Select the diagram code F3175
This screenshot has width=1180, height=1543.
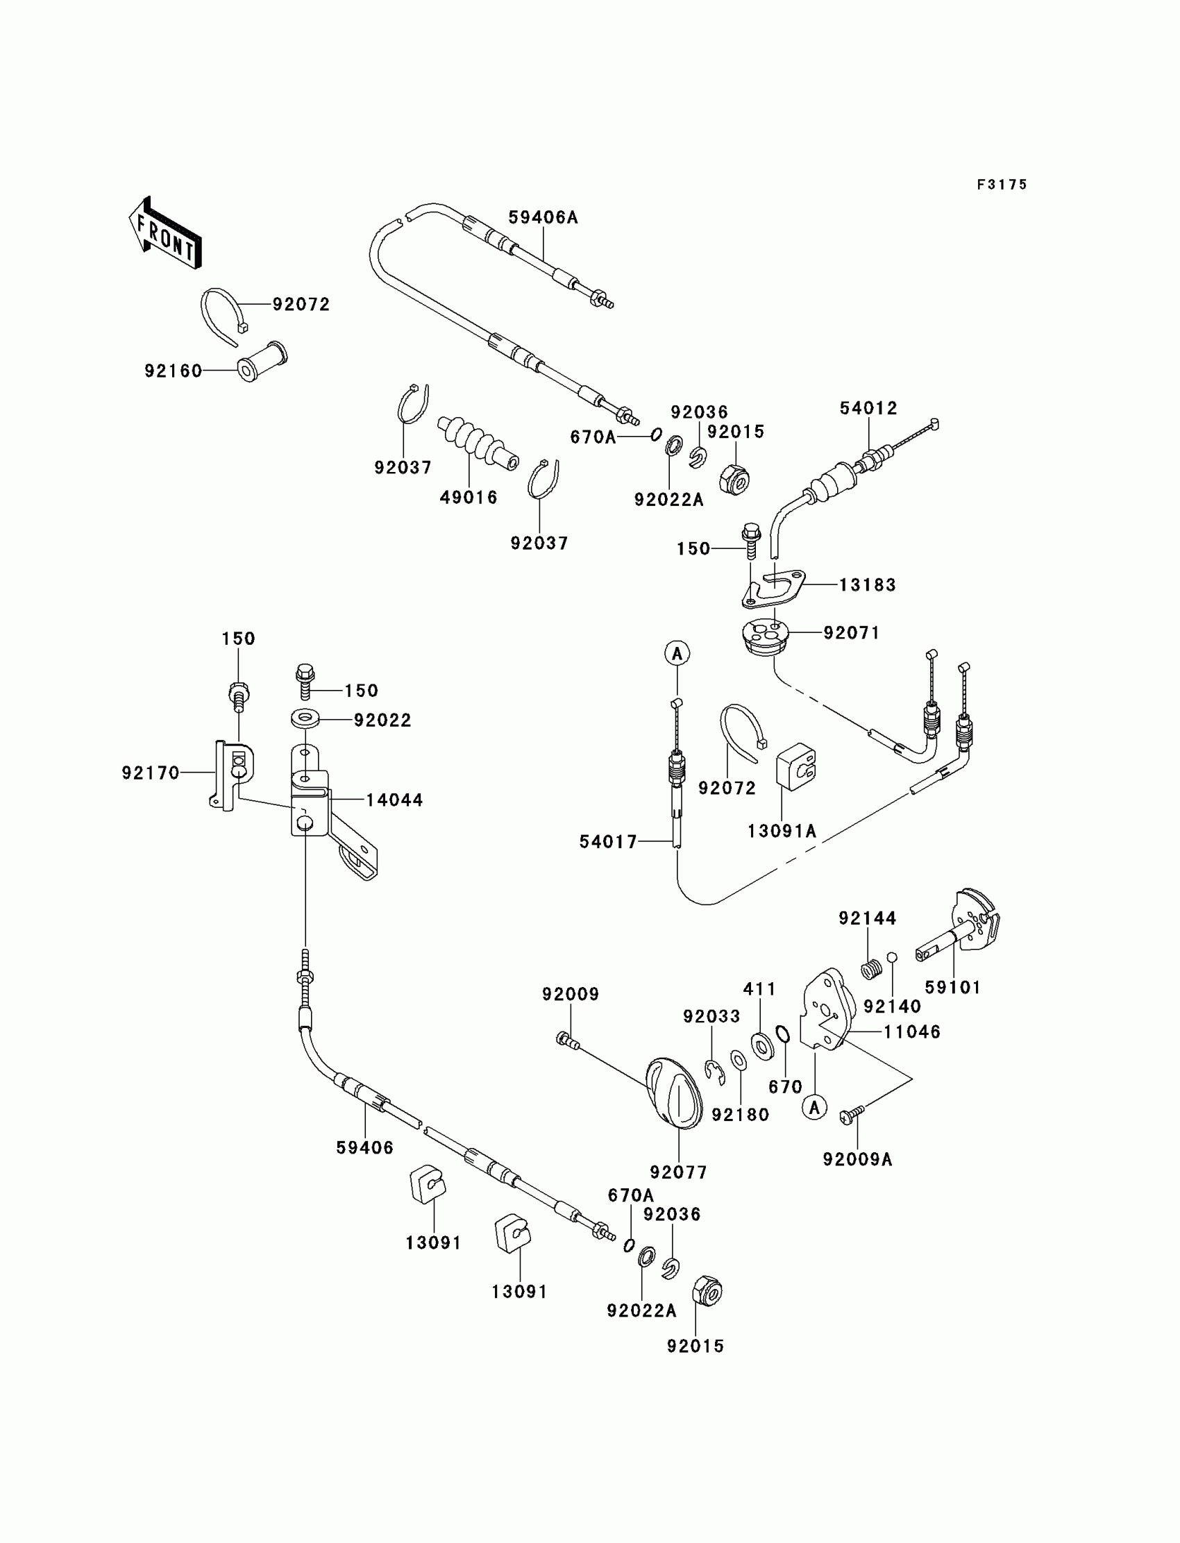(x=1002, y=185)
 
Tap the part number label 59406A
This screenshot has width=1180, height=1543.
(x=543, y=218)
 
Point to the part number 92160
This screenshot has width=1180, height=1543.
(x=174, y=371)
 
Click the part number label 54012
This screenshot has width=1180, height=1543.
(x=869, y=408)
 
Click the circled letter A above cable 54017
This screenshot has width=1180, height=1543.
(x=677, y=654)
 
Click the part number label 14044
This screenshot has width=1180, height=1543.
(x=394, y=800)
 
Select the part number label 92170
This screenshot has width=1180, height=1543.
(x=151, y=773)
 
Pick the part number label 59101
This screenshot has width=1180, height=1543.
(x=952, y=987)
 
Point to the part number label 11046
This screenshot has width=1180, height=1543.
(x=911, y=1031)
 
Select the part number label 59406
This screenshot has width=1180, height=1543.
(x=364, y=1147)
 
